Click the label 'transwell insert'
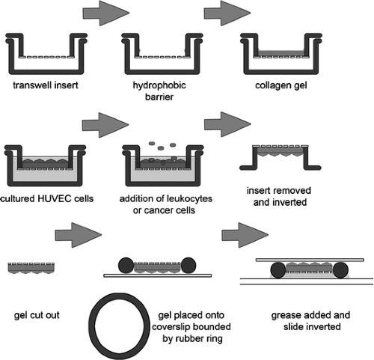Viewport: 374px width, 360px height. (x=46, y=85)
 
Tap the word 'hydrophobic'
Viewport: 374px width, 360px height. (x=159, y=85)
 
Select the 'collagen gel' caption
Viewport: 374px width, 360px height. (x=281, y=85)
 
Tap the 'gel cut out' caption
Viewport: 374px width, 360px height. (x=37, y=315)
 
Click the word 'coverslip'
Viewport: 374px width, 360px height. (x=172, y=327)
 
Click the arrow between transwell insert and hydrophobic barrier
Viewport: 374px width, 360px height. (x=106, y=13)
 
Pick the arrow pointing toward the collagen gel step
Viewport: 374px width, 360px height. (x=227, y=13)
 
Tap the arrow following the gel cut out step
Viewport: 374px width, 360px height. (x=79, y=235)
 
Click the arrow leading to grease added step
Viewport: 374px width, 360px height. (x=245, y=235)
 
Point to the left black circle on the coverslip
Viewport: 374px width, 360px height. (x=126, y=265)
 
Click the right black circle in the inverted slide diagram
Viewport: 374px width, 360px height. (x=340, y=270)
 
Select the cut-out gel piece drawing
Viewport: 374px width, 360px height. (x=31, y=268)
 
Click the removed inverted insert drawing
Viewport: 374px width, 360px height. (x=280, y=158)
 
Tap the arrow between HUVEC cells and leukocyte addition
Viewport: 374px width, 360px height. (x=105, y=125)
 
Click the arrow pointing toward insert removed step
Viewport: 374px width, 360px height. (x=227, y=124)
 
